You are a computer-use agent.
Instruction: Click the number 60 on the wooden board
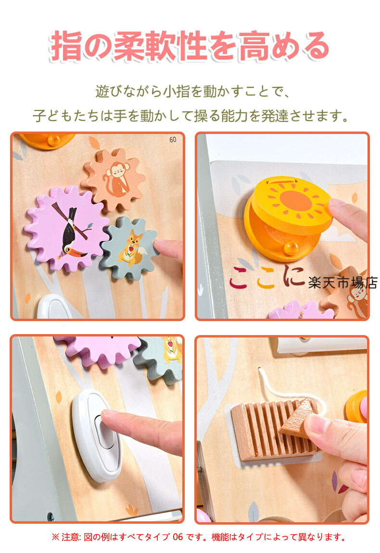[x=173, y=140]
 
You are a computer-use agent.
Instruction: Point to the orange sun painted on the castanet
[x=295, y=200]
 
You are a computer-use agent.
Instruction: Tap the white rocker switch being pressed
[x=98, y=435]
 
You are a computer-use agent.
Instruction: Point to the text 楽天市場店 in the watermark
[x=342, y=282]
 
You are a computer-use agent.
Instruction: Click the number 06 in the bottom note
[x=178, y=537]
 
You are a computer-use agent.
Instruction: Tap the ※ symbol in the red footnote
[x=55, y=537]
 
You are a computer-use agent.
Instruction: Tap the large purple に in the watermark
[x=293, y=276]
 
